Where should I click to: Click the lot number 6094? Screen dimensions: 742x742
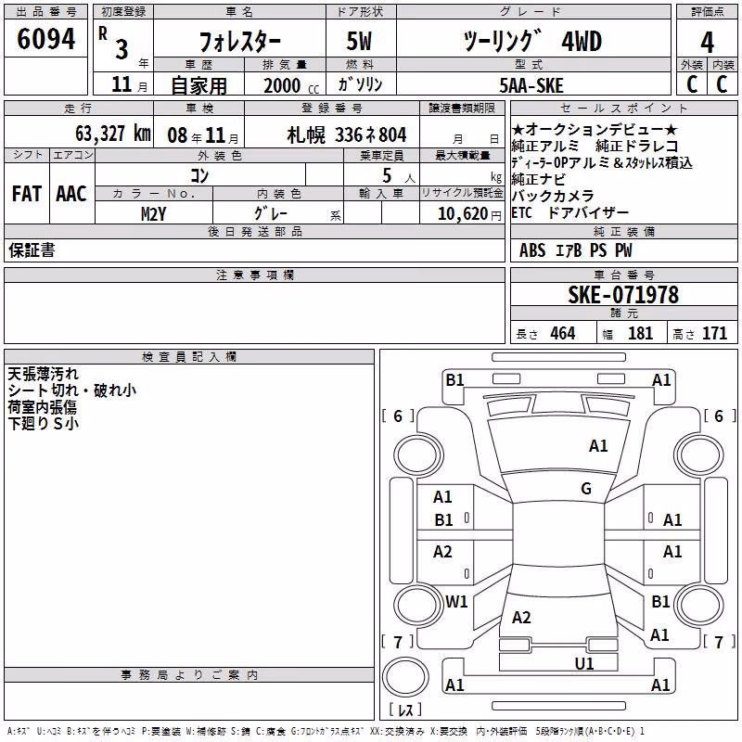45,39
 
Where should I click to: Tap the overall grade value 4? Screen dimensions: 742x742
707,43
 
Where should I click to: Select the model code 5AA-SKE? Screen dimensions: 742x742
531,85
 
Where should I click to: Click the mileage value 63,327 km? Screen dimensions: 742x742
113,134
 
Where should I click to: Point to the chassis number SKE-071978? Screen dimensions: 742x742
623,295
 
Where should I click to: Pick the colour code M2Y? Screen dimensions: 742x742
153,214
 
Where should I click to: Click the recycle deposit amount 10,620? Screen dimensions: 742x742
463,214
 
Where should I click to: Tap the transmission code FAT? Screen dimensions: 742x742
27,194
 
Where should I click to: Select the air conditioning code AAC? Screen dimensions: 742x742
71,194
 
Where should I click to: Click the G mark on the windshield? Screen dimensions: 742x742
586,489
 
